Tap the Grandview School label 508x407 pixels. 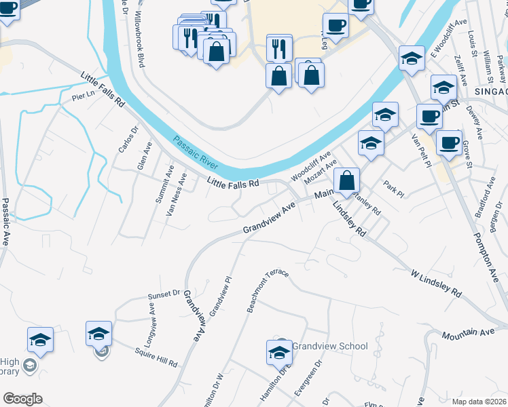(x=330, y=346)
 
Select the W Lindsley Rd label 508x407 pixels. (x=436, y=284)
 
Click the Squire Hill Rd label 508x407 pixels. (x=157, y=355)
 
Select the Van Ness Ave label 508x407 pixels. (x=176, y=195)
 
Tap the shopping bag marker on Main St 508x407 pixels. (x=346, y=182)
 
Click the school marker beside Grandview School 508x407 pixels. (x=279, y=353)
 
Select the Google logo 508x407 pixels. (x=22, y=399)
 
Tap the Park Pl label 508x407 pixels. (x=393, y=189)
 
